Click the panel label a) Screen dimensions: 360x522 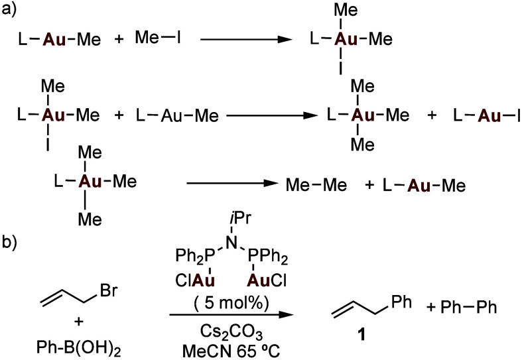click(x=10, y=10)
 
